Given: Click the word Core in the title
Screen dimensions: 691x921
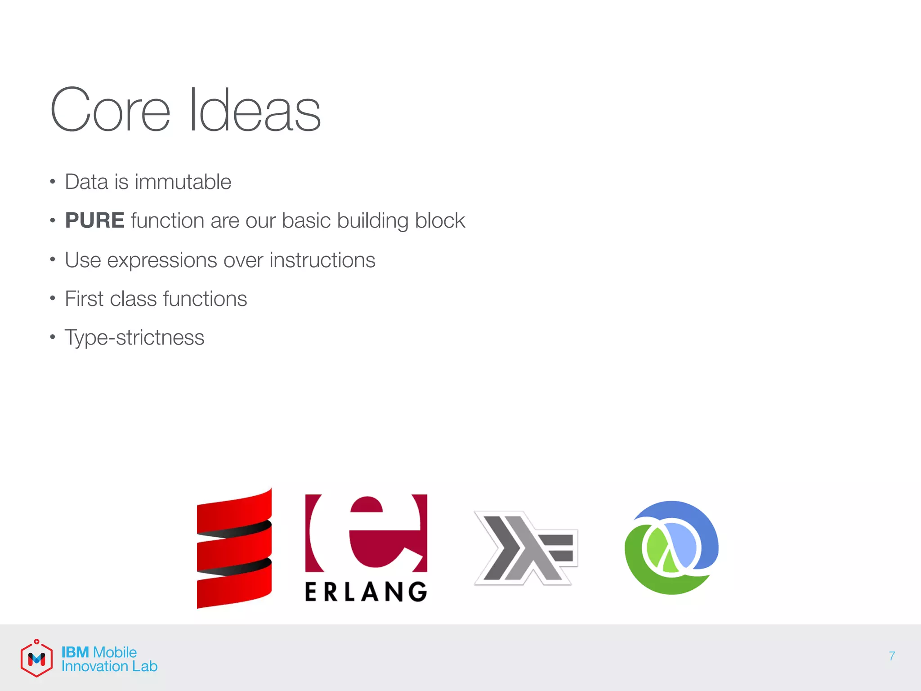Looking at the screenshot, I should (x=110, y=110).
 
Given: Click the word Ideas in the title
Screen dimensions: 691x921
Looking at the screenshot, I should (x=255, y=110).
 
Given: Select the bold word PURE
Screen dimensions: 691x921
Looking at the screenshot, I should (x=94, y=220).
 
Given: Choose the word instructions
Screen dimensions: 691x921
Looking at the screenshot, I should (x=322, y=260).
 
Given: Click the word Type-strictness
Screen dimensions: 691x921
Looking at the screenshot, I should (x=134, y=338).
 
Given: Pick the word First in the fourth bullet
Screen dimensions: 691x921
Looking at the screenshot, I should (x=84, y=299).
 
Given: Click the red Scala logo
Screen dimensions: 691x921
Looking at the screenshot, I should (x=234, y=548).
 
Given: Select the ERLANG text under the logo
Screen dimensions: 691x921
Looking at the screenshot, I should (x=366, y=592).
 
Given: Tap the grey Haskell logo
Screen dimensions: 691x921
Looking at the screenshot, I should (x=525, y=548).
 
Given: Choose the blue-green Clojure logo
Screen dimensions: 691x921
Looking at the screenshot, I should (x=671, y=547).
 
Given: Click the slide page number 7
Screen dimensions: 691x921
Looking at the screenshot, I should (x=892, y=656).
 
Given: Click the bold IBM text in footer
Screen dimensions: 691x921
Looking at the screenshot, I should (x=75, y=652).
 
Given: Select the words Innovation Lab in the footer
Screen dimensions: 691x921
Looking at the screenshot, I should (x=109, y=667).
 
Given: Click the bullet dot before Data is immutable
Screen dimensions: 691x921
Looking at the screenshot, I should (x=53, y=182).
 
